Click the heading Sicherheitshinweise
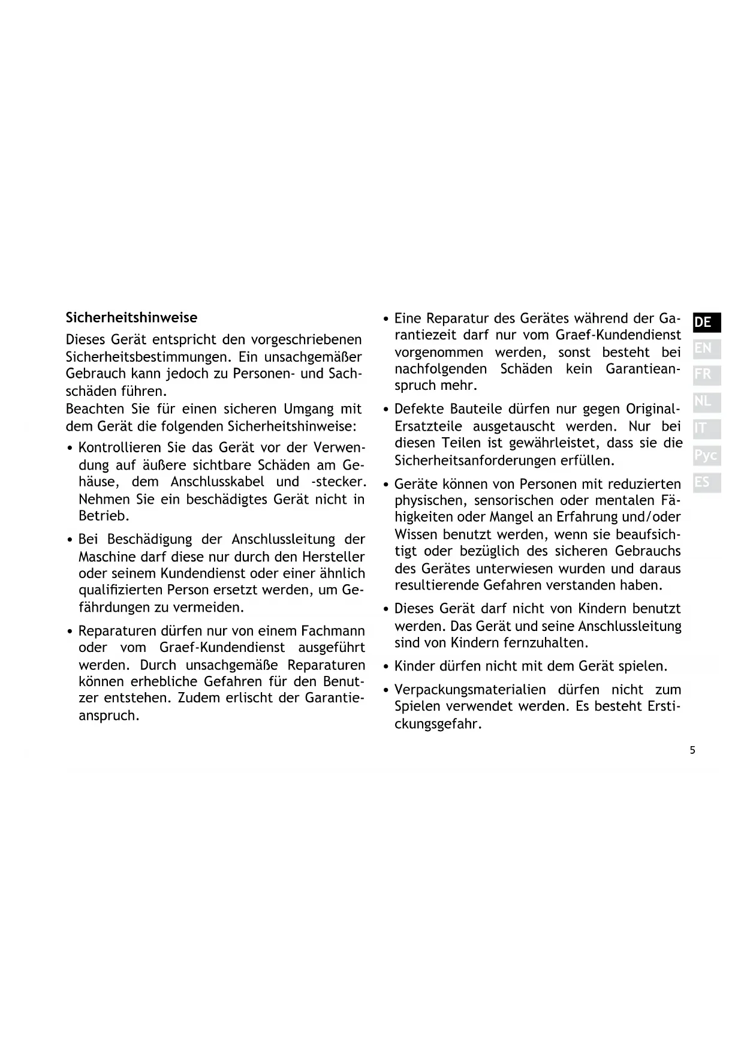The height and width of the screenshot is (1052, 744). pos(131,317)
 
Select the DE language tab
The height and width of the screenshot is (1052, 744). pos(706,322)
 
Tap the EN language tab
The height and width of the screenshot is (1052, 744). pos(706,348)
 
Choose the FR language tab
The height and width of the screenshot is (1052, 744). pos(706,375)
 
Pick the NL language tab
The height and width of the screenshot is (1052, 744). pos(706,401)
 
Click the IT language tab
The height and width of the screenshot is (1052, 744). pos(706,428)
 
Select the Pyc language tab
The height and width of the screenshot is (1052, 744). pos(706,455)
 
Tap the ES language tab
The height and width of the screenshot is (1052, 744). pos(706,482)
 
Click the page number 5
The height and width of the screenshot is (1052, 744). pos(692,750)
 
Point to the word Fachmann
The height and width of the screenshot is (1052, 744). pos(333,631)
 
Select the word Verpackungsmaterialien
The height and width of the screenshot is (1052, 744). pos(470,690)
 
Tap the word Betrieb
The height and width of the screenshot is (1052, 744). pos(103,516)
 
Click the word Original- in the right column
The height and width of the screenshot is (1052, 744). pos(653,409)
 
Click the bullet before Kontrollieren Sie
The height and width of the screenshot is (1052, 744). pos(71,449)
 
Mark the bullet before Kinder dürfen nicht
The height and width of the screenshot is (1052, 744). pos(387,667)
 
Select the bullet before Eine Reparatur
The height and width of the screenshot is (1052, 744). pos(387,319)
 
